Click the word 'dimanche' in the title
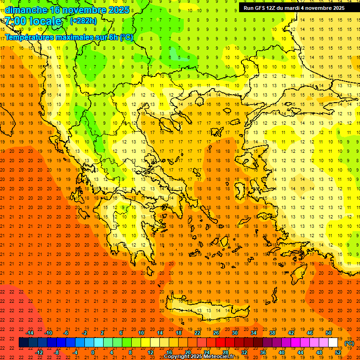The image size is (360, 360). point(25,10)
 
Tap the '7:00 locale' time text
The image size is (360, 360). point(33,21)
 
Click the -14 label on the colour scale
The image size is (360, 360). point(30,333)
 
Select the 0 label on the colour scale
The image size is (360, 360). point(93,352)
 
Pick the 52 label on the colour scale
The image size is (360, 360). point(337,352)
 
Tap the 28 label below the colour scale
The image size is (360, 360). point(225,352)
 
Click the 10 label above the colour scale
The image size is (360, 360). point(141,333)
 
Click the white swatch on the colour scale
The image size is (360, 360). point(333,343)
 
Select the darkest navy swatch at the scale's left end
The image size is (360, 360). point(23,343)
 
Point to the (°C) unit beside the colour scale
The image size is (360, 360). point(349,343)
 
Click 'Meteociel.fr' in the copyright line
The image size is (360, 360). point(219,357)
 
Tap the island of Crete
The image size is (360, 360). point(206,309)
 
